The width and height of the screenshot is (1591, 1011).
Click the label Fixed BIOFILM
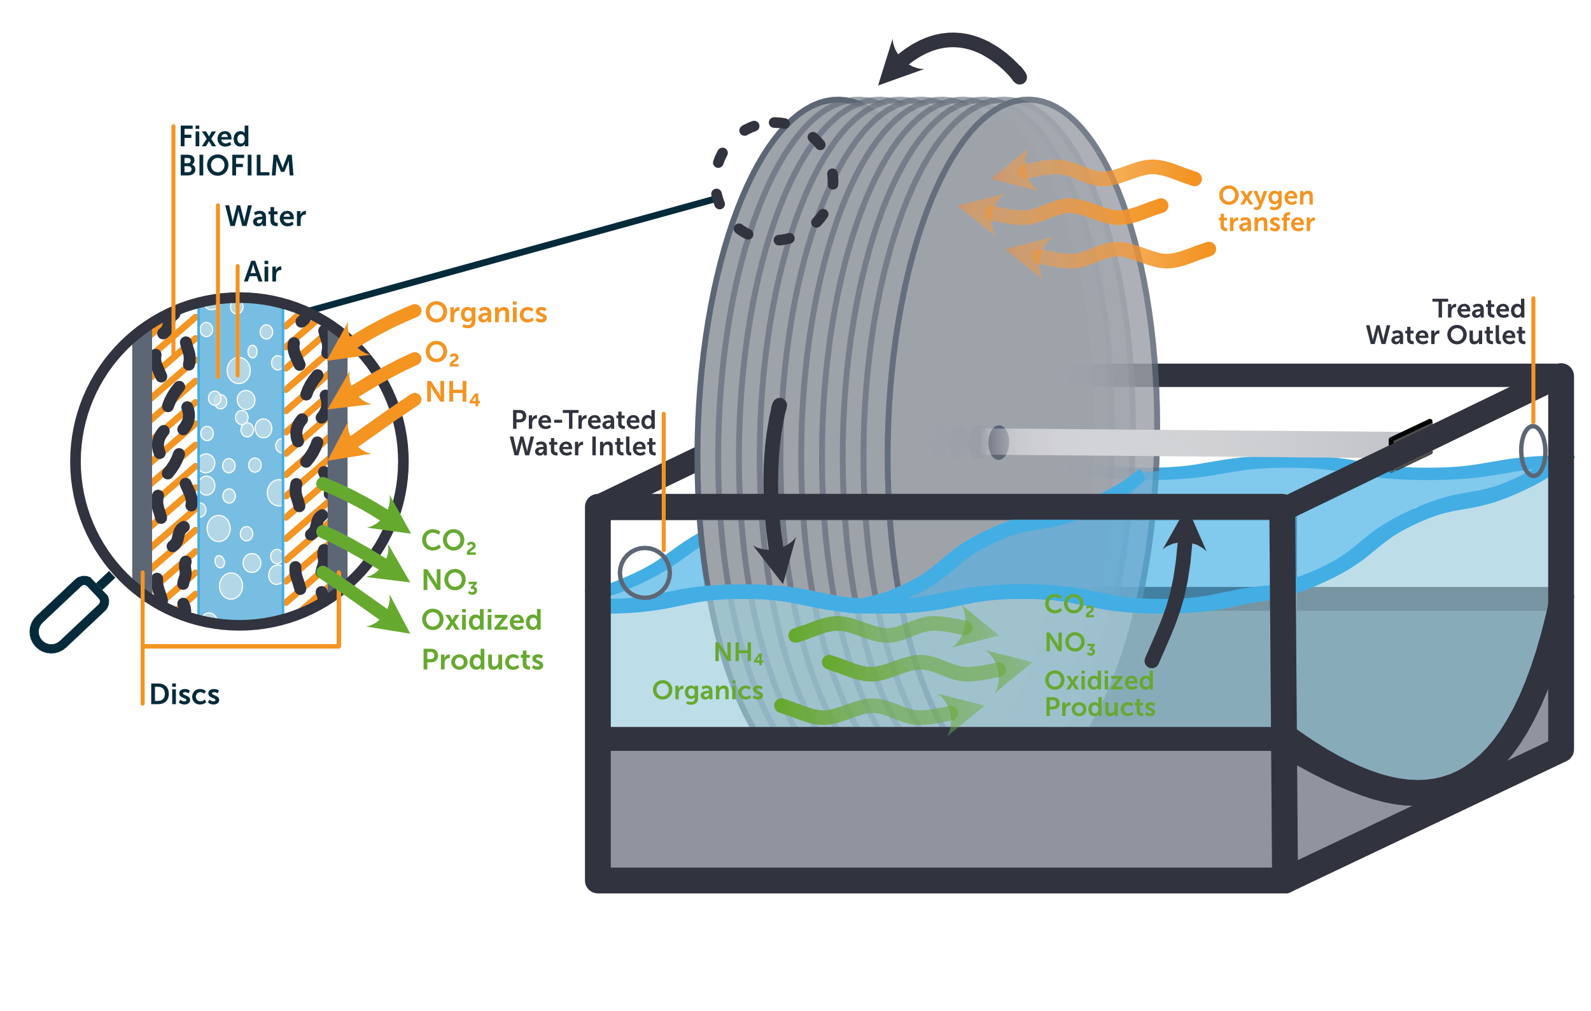tap(236, 151)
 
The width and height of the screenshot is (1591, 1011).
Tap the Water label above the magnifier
tap(265, 217)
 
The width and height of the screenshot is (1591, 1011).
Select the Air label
tap(262, 272)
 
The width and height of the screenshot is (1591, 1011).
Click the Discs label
tap(184, 695)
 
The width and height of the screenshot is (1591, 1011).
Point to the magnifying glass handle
tap(69, 615)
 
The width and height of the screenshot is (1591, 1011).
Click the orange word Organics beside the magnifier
tap(486, 313)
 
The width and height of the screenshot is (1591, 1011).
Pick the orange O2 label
tap(442, 354)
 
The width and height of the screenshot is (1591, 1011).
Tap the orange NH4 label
tap(452, 393)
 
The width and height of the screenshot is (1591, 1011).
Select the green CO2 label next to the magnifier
tap(448, 542)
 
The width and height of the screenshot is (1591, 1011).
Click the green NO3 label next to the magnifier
tap(449, 581)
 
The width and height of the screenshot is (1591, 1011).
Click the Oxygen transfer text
tap(1266, 209)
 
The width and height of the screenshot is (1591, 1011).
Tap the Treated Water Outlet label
tap(1446, 322)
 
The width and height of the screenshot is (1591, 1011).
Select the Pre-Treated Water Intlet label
tap(583, 433)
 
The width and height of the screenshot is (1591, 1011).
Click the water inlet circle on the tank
tap(644, 572)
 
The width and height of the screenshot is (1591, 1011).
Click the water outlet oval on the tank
tap(1532, 450)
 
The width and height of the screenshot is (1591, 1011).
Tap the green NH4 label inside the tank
tap(738, 653)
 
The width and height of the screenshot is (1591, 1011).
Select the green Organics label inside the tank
tap(707, 691)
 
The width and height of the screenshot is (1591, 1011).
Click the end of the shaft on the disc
tap(999, 443)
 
